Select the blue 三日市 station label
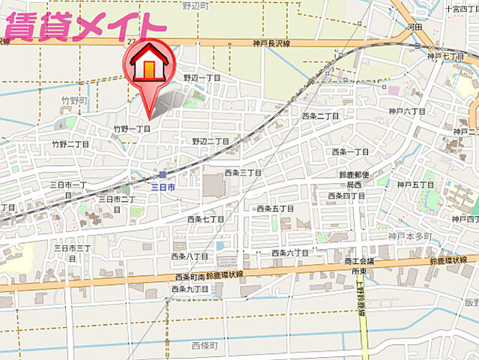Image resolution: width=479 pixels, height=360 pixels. click(163, 186)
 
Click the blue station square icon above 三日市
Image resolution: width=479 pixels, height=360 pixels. click(162, 175)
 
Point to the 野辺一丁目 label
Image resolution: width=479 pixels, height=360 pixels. click(202, 78)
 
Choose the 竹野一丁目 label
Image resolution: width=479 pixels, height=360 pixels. click(132, 129)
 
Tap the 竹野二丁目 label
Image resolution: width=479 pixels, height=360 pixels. click(70, 144)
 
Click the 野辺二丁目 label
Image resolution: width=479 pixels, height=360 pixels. click(211, 141)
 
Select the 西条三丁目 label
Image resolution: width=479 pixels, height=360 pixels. click(243, 173)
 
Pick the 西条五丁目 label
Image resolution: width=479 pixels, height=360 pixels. click(275, 208)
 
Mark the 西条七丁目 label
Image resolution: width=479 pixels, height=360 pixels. click(205, 219)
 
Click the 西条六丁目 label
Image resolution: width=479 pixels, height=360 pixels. click(290, 253)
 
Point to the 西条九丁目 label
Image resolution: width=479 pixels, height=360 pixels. click(190, 289)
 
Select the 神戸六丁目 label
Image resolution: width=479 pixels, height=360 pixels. click(407, 111)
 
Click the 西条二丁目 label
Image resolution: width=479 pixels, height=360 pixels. click(320, 117)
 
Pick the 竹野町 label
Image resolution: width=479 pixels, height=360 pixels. click(75, 100)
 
